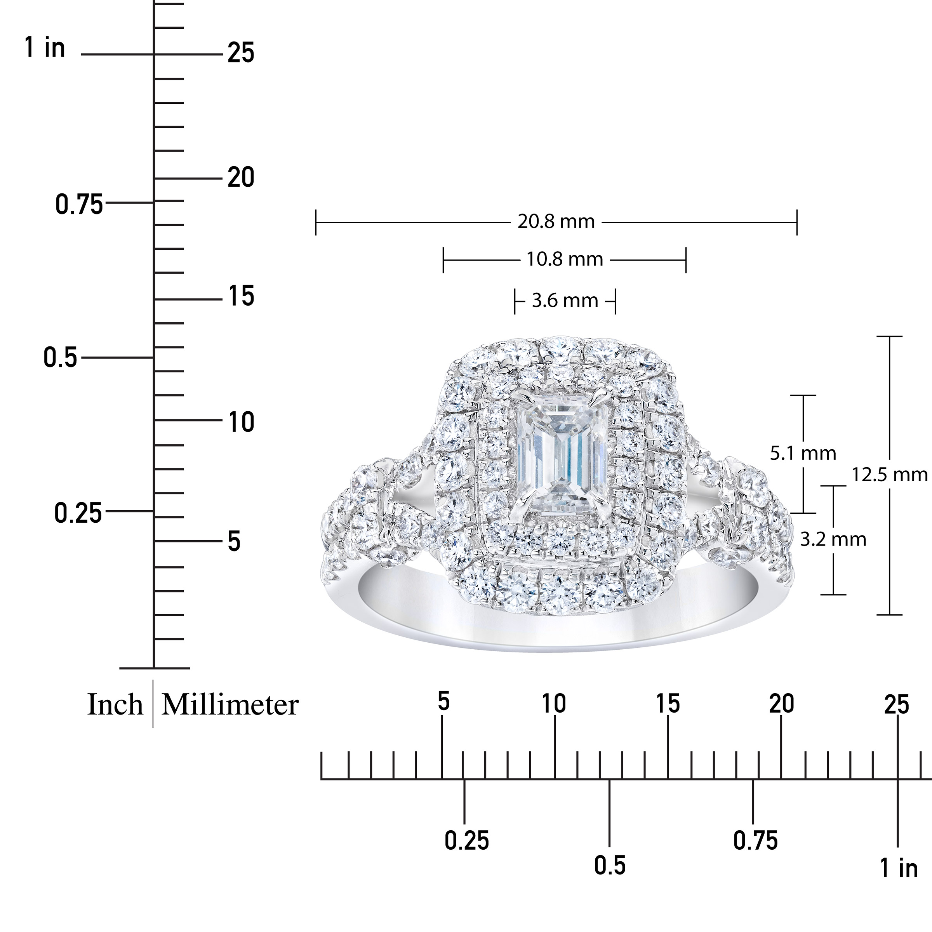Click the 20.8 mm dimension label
pos(556,221)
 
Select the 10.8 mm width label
pos(564,259)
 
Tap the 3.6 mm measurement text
pos(565,301)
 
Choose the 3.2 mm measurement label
pos(833,539)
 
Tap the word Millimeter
pos(230,705)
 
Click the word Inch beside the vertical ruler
pos(115,705)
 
